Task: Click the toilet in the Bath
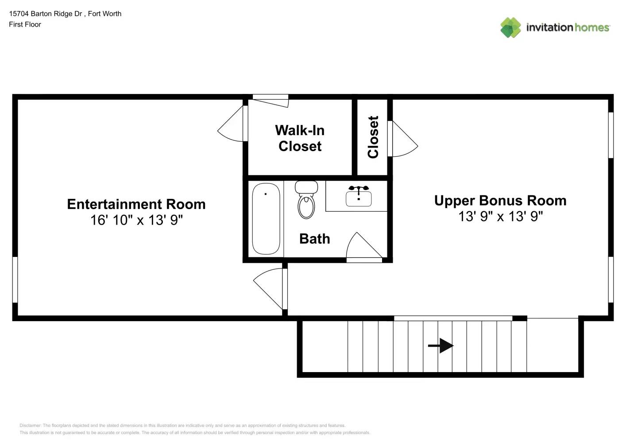(306, 202)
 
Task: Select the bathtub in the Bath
(266, 219)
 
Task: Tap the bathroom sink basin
(358, 198)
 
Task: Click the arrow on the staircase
(441, 346)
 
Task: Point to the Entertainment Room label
(136, 204)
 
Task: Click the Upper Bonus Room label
(500, 201)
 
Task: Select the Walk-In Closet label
(300, 138)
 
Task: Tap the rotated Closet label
(373, 137)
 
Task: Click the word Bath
(314, 239)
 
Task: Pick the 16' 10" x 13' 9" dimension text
(136, 220)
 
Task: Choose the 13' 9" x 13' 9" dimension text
(500, 216)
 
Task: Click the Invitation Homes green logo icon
(510, 27)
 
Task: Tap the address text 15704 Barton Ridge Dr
(46, 14)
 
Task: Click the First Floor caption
(25, 24)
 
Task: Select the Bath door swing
(363, 246)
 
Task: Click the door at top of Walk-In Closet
(271, 100)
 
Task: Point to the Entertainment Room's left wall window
(15, 280)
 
